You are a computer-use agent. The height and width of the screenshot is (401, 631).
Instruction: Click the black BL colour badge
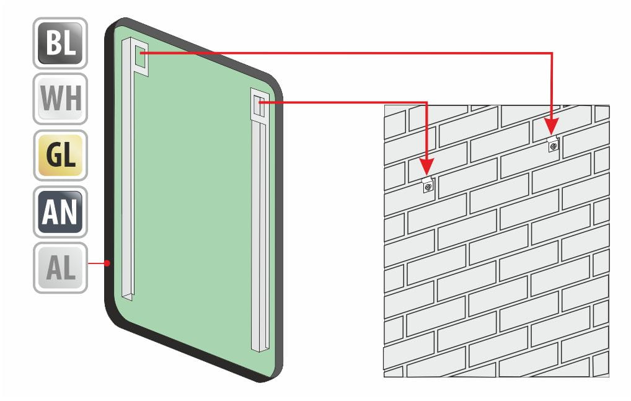pos(60,43)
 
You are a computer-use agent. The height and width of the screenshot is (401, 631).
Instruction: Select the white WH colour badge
pos(60,99)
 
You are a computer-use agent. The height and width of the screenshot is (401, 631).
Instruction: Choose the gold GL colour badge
pos(60,155)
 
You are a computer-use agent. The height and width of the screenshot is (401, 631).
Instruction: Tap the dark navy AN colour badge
pos(60,211)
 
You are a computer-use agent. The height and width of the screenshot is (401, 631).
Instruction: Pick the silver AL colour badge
pos(60,268)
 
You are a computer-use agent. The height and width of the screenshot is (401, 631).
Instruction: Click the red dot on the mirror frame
pos(107,263)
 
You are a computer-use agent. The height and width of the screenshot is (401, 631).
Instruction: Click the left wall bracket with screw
pos(428,185)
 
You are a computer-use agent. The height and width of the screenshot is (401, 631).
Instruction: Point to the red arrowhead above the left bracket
pos(426,167)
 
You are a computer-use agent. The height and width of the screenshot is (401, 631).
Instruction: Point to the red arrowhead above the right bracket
pos(552,126)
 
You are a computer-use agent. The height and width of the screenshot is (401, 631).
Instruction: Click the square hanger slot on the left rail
pos(141,56)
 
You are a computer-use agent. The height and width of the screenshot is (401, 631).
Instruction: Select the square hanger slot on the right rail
pos(260,105)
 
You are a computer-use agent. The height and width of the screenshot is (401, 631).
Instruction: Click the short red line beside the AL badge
pos(96,263)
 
